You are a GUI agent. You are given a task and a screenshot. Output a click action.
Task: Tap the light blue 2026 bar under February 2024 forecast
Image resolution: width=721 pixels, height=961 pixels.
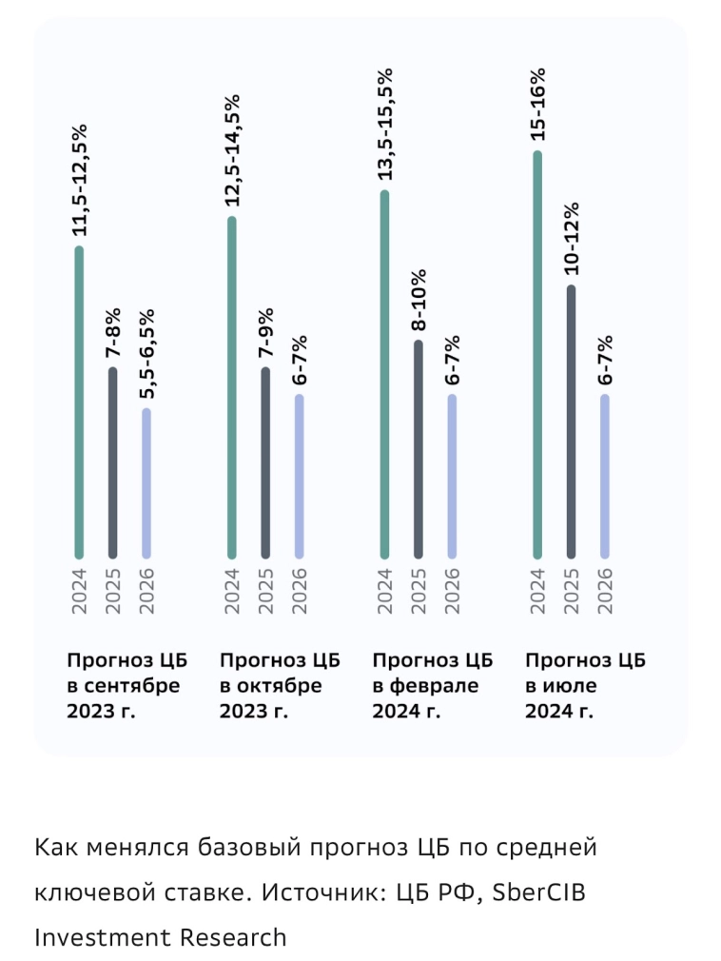pyautogui.click(x=452, y=476)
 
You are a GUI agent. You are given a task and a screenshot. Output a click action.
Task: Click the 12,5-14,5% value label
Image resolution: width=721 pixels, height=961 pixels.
pyautogui.click(x=232, y=150)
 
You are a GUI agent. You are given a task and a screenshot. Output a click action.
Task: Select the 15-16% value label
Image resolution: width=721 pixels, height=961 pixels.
pyautogui.click(x=537, y=105)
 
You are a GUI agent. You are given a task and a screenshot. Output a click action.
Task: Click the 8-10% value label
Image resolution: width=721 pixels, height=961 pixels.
pyautogui.click(x=419, y=299)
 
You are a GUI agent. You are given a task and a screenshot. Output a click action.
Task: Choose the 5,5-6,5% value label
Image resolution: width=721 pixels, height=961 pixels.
pyautogui.click(x=147, y=354)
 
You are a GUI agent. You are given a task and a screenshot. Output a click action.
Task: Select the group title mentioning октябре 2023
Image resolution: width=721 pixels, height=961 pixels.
pyautogui.click(x=276, y=686)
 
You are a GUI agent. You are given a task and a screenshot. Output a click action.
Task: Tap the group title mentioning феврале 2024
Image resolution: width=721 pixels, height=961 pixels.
pyautogui.click(x=429, y=686)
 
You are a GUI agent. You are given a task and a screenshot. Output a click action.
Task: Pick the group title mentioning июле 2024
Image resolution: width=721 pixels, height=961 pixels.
pyautogui.click(x=581, y=686)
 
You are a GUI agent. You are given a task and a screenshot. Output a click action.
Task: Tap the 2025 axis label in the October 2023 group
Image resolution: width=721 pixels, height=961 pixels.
pyautogui.click(x=266, y=590)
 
